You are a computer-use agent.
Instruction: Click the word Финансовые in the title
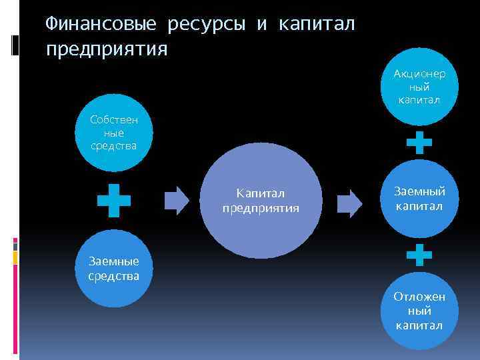click(101, 25)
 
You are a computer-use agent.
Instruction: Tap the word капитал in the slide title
click(317, 25)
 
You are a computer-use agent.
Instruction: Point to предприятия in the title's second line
click(107, 49)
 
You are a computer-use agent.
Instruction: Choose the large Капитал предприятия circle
click(261, 201)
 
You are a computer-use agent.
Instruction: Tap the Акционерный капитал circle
click(421, 87)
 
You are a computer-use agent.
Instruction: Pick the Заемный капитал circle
click(420, 199)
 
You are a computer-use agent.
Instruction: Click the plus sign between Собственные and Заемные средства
click(114, 201)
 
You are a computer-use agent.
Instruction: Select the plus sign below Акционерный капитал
click(419, 142)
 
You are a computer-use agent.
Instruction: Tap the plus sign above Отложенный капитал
click(419, 254)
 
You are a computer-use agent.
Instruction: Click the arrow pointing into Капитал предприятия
click(177, 201)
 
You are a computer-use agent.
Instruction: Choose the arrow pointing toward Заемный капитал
click(349, 201)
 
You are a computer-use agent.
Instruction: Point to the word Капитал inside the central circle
click(261, 193)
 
